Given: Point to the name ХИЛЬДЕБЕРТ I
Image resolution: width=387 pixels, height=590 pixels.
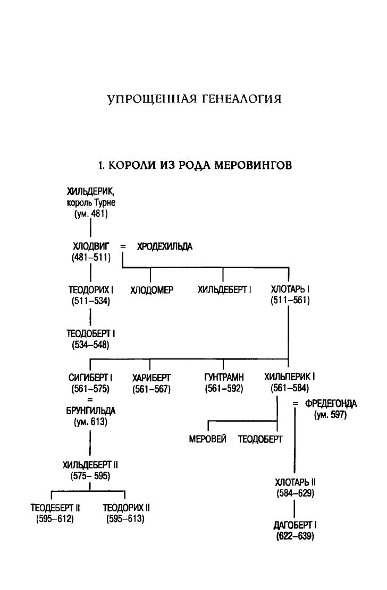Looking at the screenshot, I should click(224, 290).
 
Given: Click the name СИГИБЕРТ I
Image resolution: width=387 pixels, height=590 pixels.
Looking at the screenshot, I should click(90, 378).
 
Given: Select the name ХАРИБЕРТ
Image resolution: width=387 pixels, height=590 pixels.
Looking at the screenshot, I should click(150, 378).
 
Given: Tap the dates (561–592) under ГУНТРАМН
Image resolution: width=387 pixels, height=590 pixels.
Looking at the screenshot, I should click(223, 388).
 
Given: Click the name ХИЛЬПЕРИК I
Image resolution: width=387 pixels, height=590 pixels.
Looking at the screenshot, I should click(290, 377).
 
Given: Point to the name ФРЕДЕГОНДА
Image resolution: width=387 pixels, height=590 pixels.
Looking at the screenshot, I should click(331, 405).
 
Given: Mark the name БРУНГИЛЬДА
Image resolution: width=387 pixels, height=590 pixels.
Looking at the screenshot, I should click(90, 412).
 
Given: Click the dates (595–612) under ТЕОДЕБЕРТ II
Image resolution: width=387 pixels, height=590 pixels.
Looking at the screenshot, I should click(52, 518).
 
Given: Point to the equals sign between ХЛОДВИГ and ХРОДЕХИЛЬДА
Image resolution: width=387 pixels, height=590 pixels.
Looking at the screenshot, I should click(123, 247).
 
